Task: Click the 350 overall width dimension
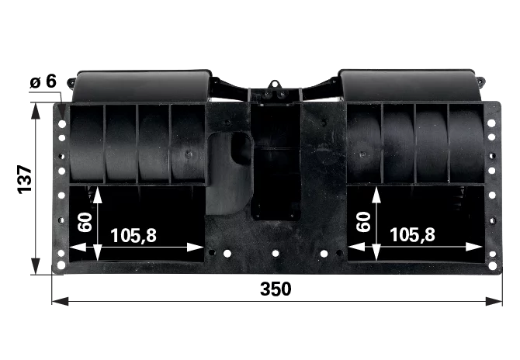(276, 289)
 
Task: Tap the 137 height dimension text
(25, 179)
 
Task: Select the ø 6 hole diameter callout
(43, 81)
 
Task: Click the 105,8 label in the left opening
(133, 236)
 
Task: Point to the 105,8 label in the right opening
(412, 234)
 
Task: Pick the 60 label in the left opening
(85, 222)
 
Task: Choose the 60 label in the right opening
(363, 221)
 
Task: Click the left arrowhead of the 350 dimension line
(60, 301)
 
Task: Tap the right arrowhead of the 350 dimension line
(494, 301)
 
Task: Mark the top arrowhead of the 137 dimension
(35, 111)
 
